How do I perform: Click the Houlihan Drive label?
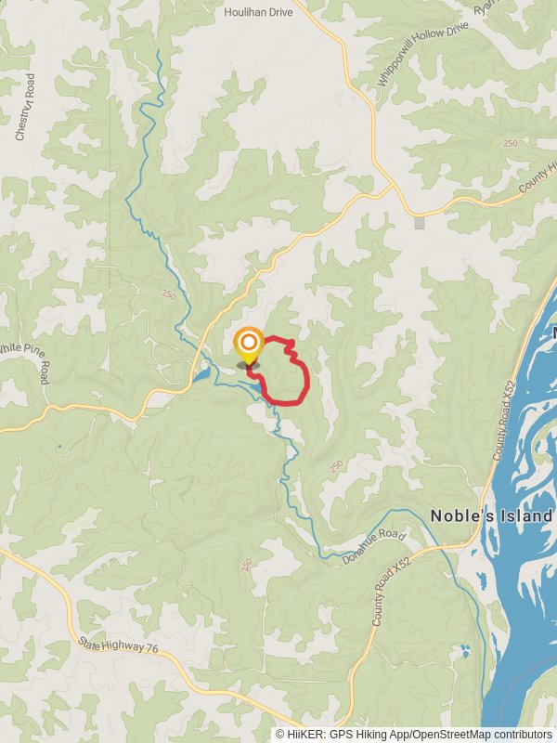(259, 12)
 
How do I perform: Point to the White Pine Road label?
(28, 360)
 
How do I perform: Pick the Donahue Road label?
(374, 546)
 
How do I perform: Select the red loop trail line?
(306, 376)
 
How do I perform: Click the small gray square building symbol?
(420, 223)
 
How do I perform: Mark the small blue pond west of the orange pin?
(201, 377)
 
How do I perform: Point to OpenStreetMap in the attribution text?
(447, 734)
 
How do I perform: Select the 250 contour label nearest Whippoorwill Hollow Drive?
(510, 143)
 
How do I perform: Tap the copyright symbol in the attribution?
(280, 734)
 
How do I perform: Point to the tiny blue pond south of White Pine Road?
(58, 447)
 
